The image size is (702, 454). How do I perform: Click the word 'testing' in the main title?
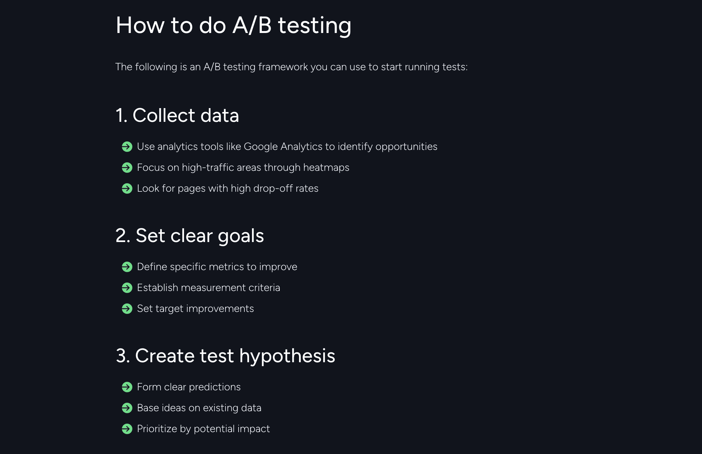314,25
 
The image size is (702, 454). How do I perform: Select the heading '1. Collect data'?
177,115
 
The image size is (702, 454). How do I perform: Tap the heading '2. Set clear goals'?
190,235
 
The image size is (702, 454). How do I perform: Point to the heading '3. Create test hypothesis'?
225,356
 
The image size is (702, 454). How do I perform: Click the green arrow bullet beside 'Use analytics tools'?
127,147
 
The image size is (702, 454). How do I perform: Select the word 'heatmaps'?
326,168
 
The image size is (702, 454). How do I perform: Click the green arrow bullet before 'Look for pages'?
127,188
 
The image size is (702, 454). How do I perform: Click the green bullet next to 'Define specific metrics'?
127,267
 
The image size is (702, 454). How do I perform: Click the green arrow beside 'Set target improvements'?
127,309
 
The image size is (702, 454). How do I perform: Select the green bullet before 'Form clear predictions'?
127,387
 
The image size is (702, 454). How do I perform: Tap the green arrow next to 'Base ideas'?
127,408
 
